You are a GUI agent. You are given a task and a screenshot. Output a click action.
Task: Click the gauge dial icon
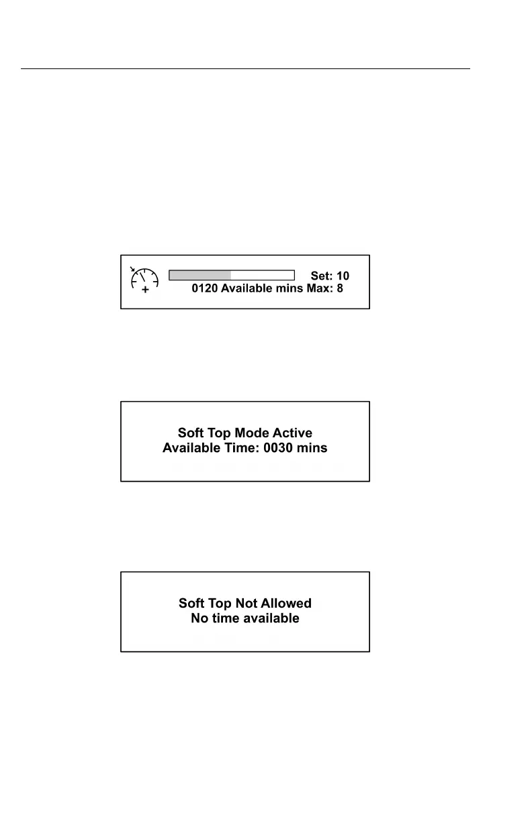click(x=144, y=279)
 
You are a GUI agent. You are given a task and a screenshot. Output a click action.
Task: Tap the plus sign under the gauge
click(x=145, y=290)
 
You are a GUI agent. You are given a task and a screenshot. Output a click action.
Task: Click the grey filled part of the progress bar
click(x=199, y=275)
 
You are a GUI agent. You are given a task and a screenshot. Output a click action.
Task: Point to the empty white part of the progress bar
click(x=263, y=275)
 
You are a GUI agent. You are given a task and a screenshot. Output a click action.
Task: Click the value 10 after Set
click(x=342, y=276)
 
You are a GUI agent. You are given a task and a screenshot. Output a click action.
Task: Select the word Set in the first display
click(x=320, y=276)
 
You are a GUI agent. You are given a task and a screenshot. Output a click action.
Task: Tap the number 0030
click(x=283, y=447)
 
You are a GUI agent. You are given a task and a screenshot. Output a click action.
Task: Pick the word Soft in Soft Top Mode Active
click(x=192, y=433)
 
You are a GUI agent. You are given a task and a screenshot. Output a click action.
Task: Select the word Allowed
click(x=289, y=604)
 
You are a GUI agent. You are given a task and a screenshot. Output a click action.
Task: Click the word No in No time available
click(x=199, y=618)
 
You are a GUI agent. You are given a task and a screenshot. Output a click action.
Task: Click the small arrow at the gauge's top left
click(x=133, y=270)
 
